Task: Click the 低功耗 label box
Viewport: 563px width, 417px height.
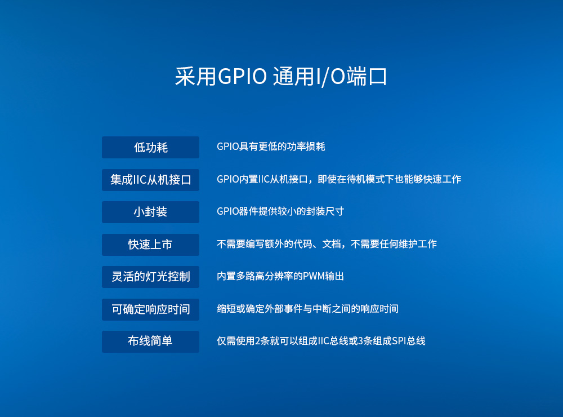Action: coord(150,147)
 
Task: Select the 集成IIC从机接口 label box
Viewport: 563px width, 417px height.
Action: coord(150,180)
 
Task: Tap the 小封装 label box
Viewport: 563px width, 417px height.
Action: coord(150,212)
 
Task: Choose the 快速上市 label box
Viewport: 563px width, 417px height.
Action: coord(150,245)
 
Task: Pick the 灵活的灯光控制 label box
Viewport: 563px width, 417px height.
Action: coord(150,277)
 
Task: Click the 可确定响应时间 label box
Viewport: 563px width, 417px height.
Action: coord(150,309)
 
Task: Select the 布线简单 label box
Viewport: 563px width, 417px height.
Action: coord(150,341)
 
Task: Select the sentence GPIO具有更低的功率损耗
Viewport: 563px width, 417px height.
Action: coord(271,147)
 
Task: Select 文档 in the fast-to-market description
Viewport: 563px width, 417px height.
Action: coord(332,245)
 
